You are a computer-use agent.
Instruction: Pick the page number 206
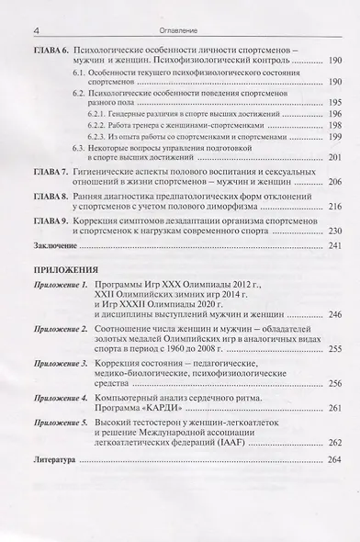[333, 183]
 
